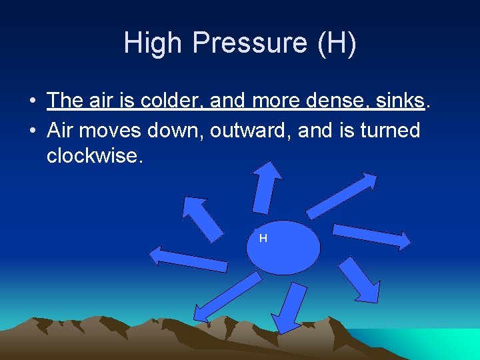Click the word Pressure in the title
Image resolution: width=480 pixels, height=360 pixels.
(x=250, y=44)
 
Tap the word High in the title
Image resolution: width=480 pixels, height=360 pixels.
(x=153, y=44)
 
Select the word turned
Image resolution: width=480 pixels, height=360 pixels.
(x=390, y=130)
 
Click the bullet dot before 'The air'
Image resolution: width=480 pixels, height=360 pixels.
(x=32, y=101)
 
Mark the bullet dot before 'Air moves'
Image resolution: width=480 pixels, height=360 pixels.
(x=32, y=131)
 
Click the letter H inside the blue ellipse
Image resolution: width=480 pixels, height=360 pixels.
(x=263, y=238)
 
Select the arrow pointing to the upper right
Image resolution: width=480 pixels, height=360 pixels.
(x=344, y=195)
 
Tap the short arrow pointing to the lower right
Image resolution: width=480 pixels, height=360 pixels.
(x=361, y=279)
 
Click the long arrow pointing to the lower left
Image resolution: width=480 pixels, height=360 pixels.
(x=226, y=298)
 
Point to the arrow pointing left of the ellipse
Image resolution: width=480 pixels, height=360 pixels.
(x=188, y=259)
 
